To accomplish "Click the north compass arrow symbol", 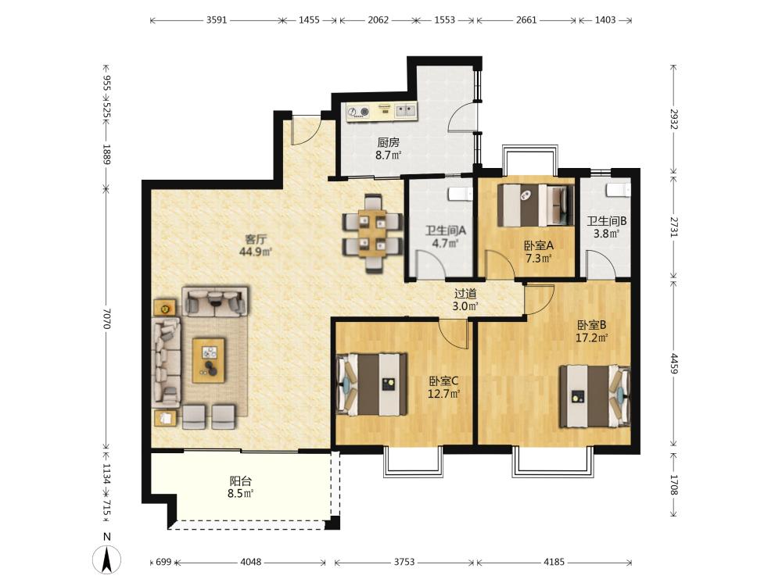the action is [106, 559].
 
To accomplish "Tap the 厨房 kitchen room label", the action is [388, 142].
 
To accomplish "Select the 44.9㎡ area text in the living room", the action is [256, 252].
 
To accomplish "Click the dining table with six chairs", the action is [372, 233].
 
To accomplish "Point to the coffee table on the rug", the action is [209, 360].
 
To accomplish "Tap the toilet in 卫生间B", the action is [619, 189].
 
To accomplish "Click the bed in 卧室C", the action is [371, 384].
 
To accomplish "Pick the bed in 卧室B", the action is [594, 396].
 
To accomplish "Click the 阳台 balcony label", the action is [240, 481].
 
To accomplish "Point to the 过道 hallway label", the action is [465, 294].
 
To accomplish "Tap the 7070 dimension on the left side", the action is [106, 318].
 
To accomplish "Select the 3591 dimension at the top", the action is [217, 20].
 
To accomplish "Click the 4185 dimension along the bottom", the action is [554, 562].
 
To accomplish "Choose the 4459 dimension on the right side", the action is [674, 364].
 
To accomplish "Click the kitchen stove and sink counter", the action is [382, 112].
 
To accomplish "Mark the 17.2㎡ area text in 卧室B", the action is [591, 338].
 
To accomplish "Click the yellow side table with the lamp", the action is [164, 308].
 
